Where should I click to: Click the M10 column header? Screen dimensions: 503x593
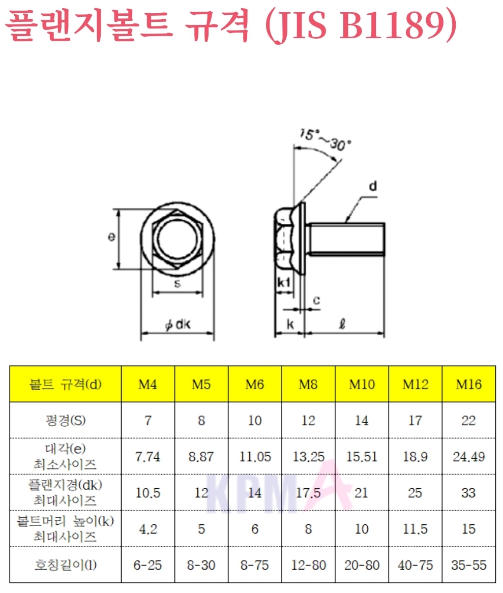pos(362,384)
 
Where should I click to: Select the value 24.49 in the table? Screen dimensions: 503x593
pos(468,457)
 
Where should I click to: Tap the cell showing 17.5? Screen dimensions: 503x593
pos(308,493)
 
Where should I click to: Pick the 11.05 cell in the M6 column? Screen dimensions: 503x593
pos(255,457)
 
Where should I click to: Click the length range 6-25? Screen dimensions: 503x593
pos(147,565)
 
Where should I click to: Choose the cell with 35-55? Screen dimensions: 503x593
pos(468,565)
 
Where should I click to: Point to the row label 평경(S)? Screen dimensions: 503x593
pos(66,420)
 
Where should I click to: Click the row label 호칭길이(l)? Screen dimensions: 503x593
pos(66,565)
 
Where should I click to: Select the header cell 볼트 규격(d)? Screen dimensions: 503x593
pos(66,384)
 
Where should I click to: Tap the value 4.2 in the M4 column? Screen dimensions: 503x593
pos(148,529)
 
